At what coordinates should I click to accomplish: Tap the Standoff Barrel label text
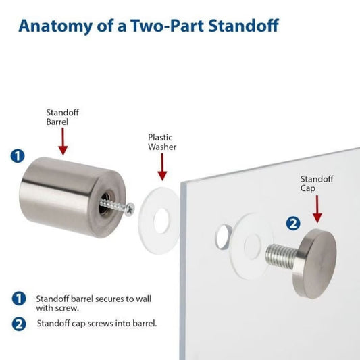coord(61,118)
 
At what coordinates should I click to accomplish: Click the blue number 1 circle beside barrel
coord(18,156)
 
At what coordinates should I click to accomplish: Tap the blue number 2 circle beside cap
coord(293,222)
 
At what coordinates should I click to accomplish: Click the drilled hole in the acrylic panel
coord(222,237)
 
